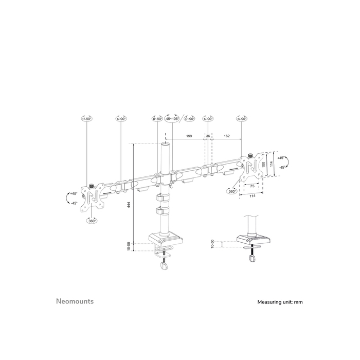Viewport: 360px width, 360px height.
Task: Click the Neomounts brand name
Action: pos(75,301)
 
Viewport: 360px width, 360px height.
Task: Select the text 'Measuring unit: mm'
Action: pos(280,302)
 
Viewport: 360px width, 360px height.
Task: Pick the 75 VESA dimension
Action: pos(251,186)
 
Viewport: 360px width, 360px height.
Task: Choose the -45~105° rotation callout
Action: pos(172,119)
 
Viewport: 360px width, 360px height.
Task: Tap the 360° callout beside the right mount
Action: pos(232,191)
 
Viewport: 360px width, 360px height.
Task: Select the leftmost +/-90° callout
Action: pos(86,119)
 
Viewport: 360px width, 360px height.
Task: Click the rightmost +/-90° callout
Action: pos(242,119)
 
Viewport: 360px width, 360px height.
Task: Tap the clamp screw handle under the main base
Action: pos(164,267)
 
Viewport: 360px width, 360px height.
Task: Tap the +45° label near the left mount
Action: pos(73,193)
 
